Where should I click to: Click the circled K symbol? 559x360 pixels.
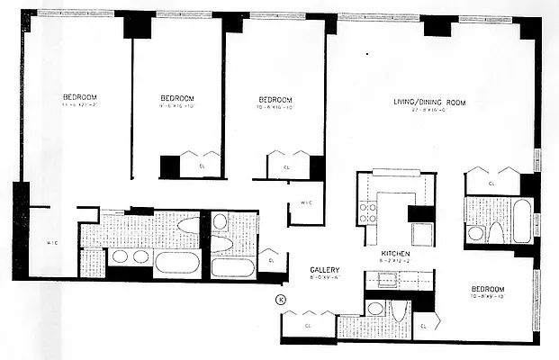(x=280, y=299)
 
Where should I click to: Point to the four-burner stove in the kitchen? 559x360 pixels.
(x=368, y=212)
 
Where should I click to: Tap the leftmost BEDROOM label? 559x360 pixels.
(x=79, y=97)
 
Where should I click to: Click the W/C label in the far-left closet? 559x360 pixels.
(x=52, y=242)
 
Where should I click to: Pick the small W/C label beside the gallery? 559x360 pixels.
(x=305, y=202)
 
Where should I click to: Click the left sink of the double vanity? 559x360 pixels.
(x=120, y=256)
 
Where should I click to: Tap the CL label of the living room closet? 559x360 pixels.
(x=491, y=183)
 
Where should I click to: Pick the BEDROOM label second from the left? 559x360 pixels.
(x=177, y=98)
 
